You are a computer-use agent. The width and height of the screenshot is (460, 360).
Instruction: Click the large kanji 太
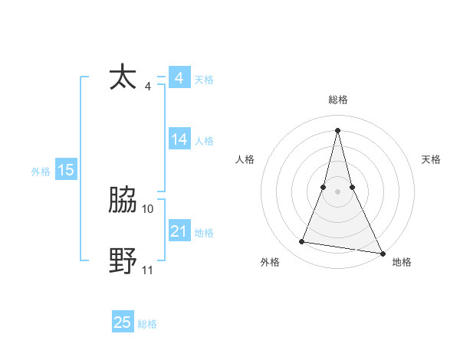click(123, 78)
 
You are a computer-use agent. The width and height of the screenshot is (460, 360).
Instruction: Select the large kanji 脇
click(123, 201)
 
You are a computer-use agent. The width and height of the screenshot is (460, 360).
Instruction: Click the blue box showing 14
click(179, 139)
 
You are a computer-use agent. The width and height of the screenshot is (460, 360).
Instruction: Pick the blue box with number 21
click(179, 231)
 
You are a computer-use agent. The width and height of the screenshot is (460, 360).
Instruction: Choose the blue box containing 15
click(66, 171)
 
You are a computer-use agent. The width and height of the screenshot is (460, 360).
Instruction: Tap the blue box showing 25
click(123, 322)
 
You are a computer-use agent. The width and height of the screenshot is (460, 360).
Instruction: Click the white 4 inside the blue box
click(179, 78)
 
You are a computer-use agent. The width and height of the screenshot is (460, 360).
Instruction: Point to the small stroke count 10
click(148, 208)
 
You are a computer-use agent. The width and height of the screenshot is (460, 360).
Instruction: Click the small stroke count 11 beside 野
click(148, 269)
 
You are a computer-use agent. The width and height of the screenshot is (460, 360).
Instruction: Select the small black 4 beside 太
click(147, 86)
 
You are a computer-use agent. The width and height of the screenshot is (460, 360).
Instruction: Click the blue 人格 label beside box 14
click(204, 141)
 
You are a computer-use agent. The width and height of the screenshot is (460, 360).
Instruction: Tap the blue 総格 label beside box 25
click(147, 324)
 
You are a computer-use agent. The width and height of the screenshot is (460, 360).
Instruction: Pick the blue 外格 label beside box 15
click(41, 172)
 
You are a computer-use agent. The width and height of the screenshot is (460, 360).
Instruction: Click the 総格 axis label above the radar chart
click(338, 100)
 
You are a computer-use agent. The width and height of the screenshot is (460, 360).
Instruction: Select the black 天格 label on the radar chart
click(432, 159)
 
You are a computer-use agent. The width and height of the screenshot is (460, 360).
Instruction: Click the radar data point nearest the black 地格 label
click(382, 254)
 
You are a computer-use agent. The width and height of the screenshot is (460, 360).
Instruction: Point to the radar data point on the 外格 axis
click(302, 242)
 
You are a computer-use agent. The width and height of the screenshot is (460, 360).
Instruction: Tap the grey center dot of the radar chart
click(338, 191)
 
